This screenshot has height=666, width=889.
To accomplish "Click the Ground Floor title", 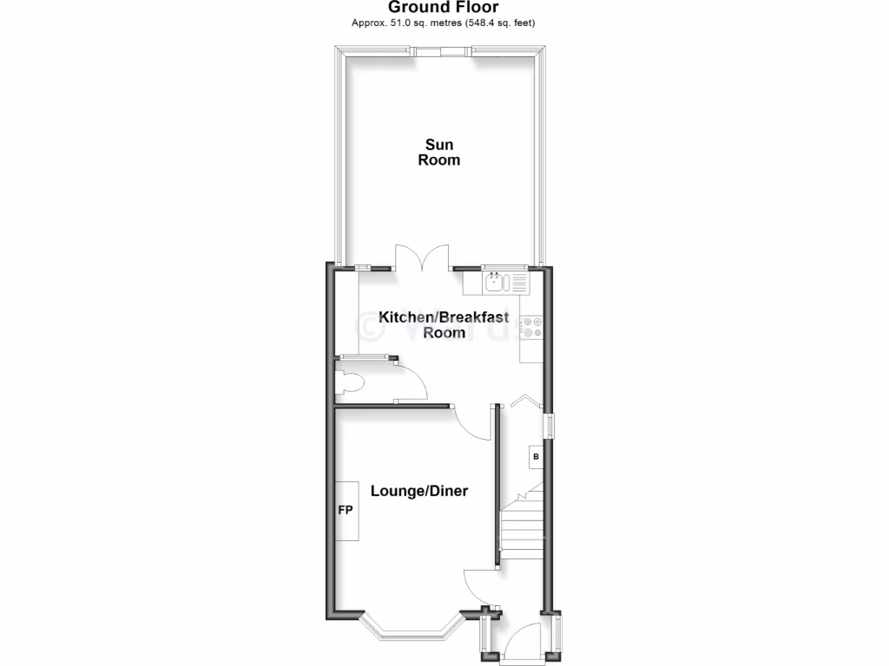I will click(x=443, y=7).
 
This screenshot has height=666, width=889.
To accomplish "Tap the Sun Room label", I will click(x=439, y=152).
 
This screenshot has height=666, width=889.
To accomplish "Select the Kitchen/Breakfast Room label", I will click(x=444, y=324).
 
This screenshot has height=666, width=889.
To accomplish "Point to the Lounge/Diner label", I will click(x=419, y=491).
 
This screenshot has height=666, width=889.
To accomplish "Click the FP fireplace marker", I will click(x=345, y=510).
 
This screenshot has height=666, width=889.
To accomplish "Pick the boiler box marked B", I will click(x=536, y=456).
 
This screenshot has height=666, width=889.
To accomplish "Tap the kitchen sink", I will click(x=495, y=281).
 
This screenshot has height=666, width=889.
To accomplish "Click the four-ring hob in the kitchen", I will click(x=531, y=325).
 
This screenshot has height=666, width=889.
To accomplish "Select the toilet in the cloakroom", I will click(x=351, y=382).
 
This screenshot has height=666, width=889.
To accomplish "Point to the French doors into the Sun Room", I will click(x=422, y=258).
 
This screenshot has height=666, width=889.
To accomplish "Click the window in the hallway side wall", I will click(x=550, y=426).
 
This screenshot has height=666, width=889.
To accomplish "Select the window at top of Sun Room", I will click(x=442, y=51).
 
